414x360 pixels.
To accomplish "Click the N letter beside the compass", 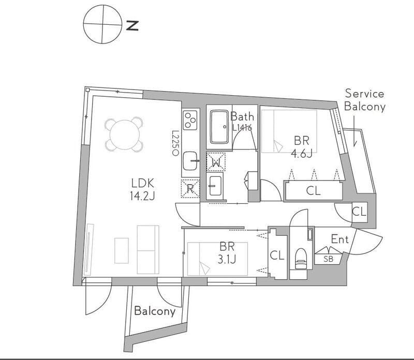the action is point(132,25).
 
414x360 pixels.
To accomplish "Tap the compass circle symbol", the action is point(102,24).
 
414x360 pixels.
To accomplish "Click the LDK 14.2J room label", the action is point(143,189).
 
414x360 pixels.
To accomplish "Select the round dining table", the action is point(124,134).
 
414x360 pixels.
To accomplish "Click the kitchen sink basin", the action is point(190,161).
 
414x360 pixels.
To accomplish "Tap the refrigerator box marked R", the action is point(190,188).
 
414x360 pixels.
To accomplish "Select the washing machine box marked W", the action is point(216,161).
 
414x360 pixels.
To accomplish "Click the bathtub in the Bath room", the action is point(219,127).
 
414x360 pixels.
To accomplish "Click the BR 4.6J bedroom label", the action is point(302,147).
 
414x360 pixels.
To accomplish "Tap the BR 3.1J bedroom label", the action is point(227,253).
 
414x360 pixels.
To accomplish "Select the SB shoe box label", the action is point(329,259).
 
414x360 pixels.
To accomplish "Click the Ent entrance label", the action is point(340,239).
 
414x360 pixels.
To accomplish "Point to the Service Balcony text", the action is point(365,100).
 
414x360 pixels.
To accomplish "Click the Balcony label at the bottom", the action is point(155,311).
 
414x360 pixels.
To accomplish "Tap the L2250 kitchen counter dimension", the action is point(175,143).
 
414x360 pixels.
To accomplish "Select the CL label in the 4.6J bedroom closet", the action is point(314,190).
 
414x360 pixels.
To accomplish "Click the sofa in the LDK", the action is point(148,249).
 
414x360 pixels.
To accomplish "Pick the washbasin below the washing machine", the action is point(215,186).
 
